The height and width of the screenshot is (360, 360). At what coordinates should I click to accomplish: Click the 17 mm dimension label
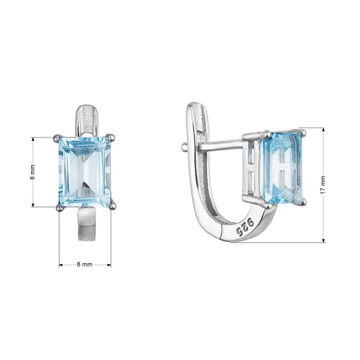coord(323,185)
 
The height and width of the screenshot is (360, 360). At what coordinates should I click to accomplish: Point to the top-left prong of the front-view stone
coord(58,137)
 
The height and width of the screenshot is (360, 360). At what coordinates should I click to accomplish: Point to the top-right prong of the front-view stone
coord(112,137)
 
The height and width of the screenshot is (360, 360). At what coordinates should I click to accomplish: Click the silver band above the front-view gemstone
coord(86,120)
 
